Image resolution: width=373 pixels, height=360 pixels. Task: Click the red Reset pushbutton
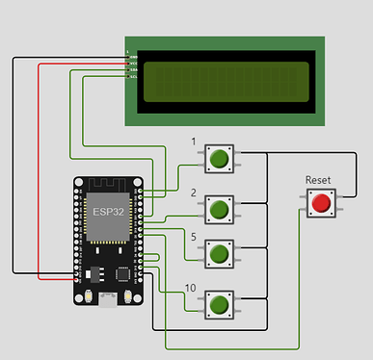(320, 202)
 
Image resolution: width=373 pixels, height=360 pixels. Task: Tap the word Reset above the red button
(319, 180)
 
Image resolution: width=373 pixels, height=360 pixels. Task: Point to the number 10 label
(193, 288)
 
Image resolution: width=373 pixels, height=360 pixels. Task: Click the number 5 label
(194, 237)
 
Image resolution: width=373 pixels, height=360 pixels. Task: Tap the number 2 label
(194, 192)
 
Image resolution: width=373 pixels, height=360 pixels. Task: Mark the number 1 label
(194, 142)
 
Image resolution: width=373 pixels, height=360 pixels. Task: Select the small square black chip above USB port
(123, 273)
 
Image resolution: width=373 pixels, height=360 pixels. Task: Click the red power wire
(39, 173)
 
